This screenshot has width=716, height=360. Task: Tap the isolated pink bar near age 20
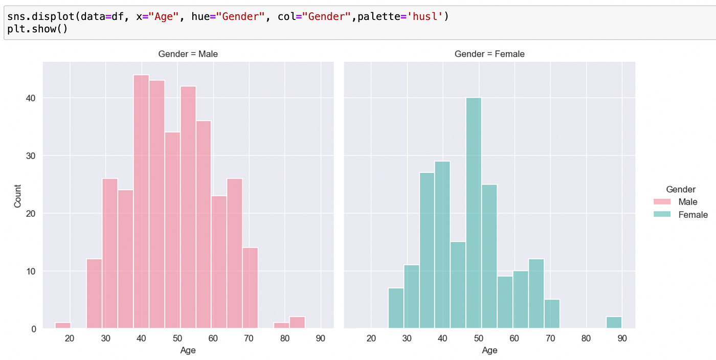(63, 326)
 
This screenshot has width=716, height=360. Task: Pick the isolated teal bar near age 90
(614, 323)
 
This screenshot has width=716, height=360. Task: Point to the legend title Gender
(681, 189)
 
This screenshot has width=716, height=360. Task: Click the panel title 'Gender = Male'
(188, 54)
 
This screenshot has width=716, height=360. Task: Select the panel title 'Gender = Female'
(489, 54)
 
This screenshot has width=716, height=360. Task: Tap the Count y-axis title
(18, 196)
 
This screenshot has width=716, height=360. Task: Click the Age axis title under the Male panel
(188, 351)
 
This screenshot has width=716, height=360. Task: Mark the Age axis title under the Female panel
(489, 351)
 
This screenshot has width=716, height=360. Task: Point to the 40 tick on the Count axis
(31, 98)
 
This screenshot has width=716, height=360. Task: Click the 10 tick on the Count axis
(31, 271)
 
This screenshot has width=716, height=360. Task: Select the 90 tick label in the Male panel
(320, 338)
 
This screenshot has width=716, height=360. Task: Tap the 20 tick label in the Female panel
(371, 338)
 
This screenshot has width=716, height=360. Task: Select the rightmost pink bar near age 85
(297, 323)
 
